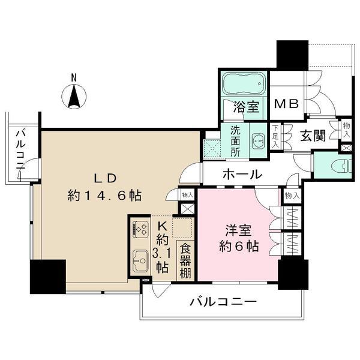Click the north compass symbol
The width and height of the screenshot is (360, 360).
[74, 95]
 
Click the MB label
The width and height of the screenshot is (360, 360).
[286, 104]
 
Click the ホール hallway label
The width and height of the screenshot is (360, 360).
[242, 175]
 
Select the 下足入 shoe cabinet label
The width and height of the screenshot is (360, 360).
[275, 136]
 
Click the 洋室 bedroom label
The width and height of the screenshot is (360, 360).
[238, 230]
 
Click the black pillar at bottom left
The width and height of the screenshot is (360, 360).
[47, 276]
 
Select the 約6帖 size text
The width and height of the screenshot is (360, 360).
[238, 246]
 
